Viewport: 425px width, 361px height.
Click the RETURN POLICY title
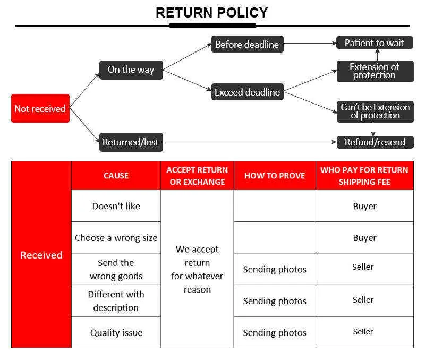point(211,13)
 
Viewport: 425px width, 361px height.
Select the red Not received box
point(40,108)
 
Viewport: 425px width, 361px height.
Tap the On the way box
point(131,70)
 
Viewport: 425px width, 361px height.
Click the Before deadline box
point(248,44)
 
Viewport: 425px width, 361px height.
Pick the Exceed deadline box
point(248,92)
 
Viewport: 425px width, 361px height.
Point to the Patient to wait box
point(375,43)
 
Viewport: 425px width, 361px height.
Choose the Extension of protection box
point(375,71)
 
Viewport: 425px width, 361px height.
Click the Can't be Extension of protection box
point(375,111)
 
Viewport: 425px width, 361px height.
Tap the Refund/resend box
point(375,142)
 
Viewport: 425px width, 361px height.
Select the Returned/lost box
point(131,142)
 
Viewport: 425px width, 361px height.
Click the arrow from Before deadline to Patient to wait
point(310,44)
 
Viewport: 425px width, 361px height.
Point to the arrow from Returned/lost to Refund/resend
point(250,142)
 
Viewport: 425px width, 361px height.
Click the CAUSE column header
point(116,176)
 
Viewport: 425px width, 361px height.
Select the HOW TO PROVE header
point(275,176)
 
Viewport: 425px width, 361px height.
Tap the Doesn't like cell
point(116,206)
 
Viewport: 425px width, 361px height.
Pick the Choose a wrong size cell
point(116,238)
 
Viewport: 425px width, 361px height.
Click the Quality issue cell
point(116,332)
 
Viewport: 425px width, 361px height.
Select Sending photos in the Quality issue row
point(275,332)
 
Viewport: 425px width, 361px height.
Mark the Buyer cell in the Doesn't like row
point(365,206)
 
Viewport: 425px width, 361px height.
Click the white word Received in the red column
point(41,255)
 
